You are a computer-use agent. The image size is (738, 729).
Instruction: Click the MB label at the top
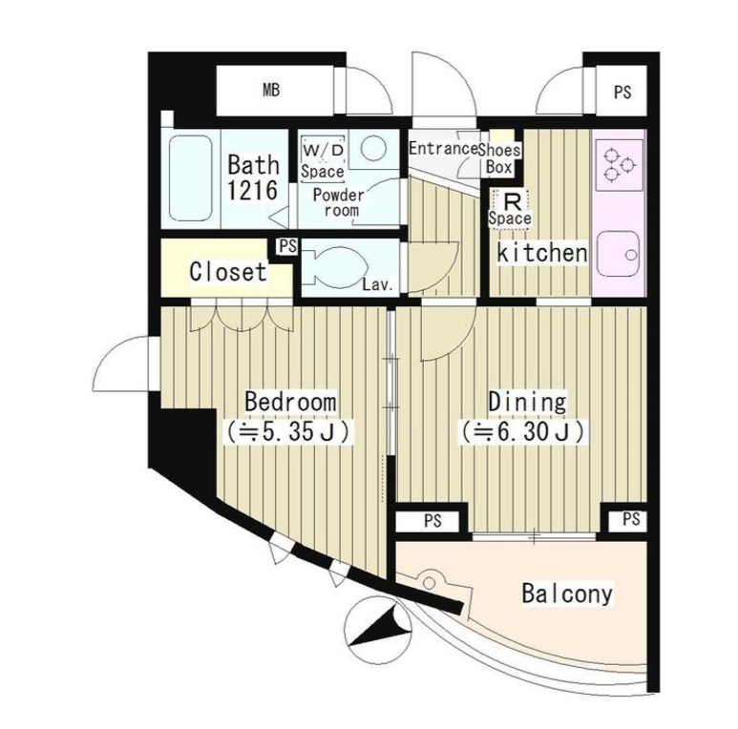tap(271, 90)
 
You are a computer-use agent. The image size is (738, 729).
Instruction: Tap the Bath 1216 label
tap(253, 177)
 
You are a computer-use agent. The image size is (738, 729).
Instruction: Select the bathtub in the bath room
tap(190, 177)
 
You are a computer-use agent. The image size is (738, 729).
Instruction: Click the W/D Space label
tap(323, 160)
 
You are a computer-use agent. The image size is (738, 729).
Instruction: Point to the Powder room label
tap(339, 202)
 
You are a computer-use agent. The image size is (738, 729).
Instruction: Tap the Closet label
tap(228, 272)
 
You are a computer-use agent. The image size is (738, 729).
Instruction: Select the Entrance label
tap(443, 149)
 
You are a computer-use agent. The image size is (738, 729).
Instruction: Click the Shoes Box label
tap(499, 158)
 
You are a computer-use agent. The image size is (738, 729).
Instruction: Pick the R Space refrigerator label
tap(510, 210)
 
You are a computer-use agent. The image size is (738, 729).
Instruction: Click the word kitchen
tap(542, 253)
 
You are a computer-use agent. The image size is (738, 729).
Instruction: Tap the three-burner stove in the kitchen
tap(619, 165)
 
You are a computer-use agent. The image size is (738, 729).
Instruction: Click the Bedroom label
tap(290, 402)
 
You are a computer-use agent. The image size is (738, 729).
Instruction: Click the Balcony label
tap(567, 594)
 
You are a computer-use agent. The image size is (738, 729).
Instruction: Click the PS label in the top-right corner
tap(622, 93)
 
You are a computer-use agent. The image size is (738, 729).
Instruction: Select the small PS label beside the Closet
tap(288, 246)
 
